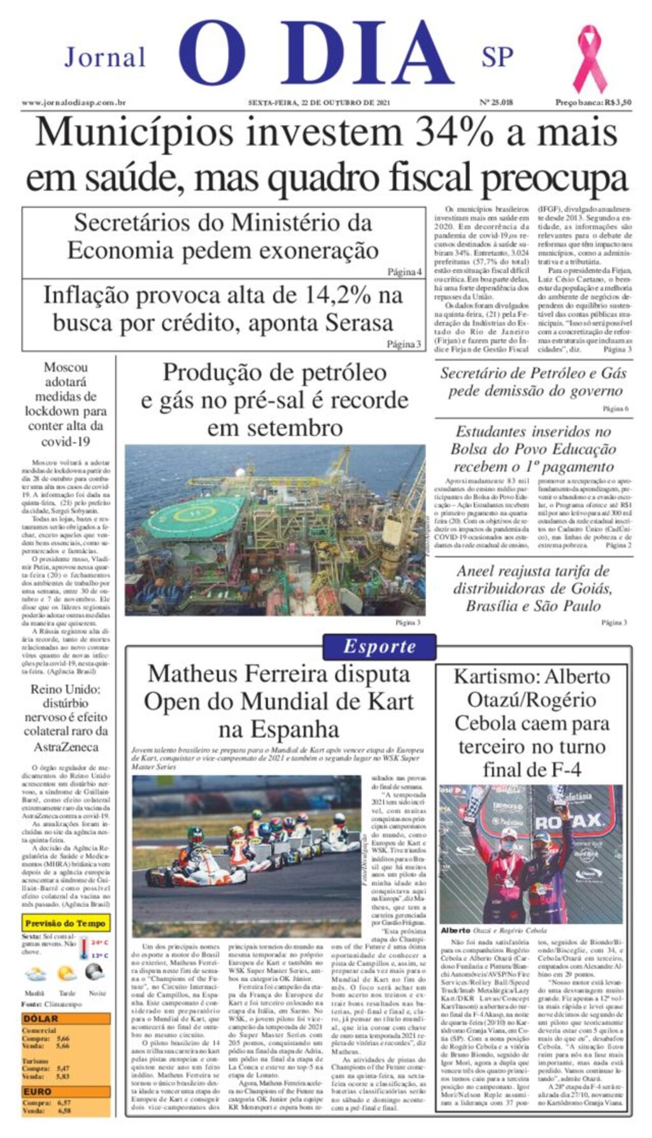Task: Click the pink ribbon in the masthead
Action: (589, 59)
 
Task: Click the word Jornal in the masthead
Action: (105, 57)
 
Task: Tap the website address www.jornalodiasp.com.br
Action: (73, 103)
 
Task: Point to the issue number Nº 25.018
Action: (495, 103)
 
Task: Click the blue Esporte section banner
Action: (379, 646)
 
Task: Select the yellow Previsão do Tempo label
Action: (66, 923)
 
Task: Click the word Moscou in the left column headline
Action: (66, 367)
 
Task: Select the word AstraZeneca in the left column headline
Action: (66, 747)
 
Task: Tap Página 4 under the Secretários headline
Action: (405, 272)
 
